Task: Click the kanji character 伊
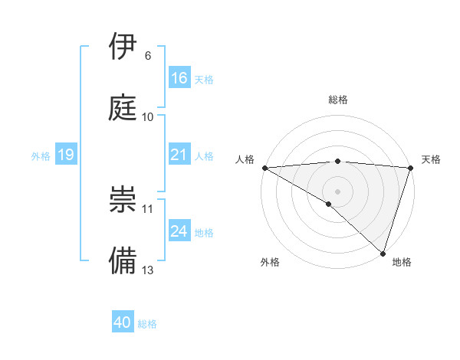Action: [123, 47]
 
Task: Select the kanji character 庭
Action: [123, 107]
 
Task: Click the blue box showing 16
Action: [179, 78]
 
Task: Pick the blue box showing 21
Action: [179, 155]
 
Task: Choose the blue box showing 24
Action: [179, 231]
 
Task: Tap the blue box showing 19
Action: [65, 155]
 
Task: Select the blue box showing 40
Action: [123, 322]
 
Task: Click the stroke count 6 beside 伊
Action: [148, 56]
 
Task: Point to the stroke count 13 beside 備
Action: [148, 270]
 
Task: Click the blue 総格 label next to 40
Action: [147, 324]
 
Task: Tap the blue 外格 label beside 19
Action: [41, 155]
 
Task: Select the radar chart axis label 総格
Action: [338, 100]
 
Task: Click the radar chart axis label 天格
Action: [431, 159]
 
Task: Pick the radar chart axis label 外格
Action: [270, 262]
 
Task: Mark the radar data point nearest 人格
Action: [264, 168]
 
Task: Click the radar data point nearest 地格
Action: [382, 253]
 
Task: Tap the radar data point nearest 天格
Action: [410, 168]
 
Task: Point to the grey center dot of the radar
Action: [337, 191]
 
